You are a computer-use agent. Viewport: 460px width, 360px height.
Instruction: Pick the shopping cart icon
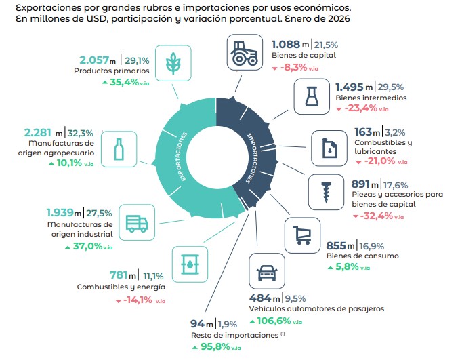click(301, 235)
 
